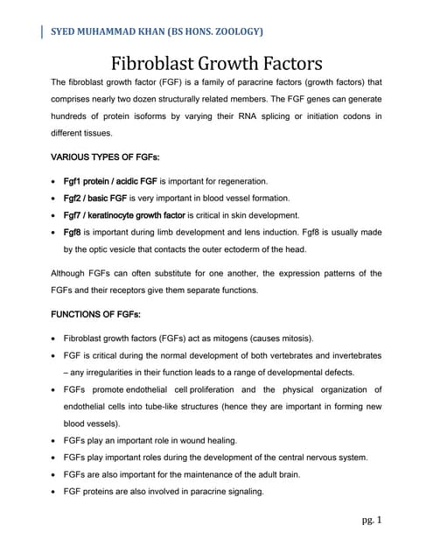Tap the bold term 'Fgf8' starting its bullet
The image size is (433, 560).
tap(74, 232)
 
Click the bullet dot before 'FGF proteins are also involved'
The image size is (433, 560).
tap(56, 492)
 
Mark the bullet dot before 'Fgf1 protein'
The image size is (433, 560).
tap(56, 181)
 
